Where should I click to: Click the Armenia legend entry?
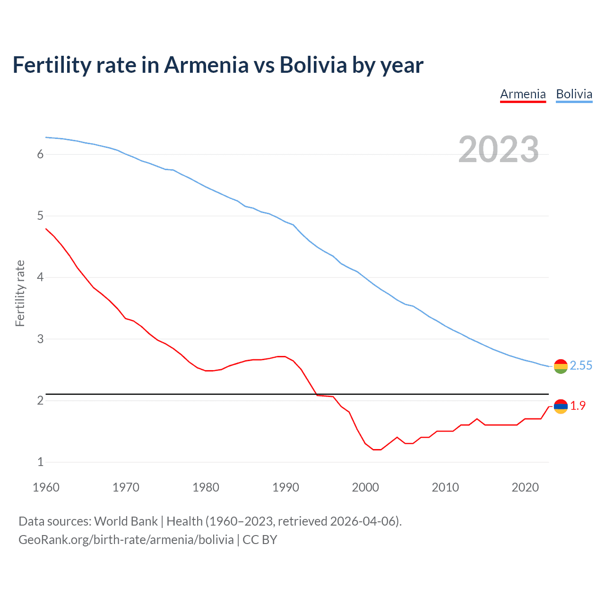click(x=523, y=94)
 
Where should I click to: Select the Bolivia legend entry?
click(x=574, y=94)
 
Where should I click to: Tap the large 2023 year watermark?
click(x=498, y=149)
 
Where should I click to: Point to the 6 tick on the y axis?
click(x=40, y=154)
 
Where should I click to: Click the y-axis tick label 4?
click(x=40, y=277)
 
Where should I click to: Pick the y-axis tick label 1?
click(x=40, y=462)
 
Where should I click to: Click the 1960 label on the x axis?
click(x=46, y=487)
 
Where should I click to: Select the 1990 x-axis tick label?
click(x=285, y=487)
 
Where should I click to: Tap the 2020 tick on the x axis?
click(x=525, y=487)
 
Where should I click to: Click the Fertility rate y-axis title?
click(x=20, y=293)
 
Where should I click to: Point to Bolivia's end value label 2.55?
click(x=581, y=366)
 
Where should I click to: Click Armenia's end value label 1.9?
click(x=578, y=406)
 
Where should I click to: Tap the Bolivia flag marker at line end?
click(x=561, y=366)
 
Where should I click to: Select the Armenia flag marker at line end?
click(x=561, y=406)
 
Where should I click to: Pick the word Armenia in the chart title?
click(x=206, y=65)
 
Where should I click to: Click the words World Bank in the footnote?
click(x=126, y=521)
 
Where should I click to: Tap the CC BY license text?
click(x=259, y=540)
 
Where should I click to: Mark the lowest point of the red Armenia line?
click(x=377, y=449)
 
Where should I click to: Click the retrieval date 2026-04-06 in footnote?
click(x=364, y=521)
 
